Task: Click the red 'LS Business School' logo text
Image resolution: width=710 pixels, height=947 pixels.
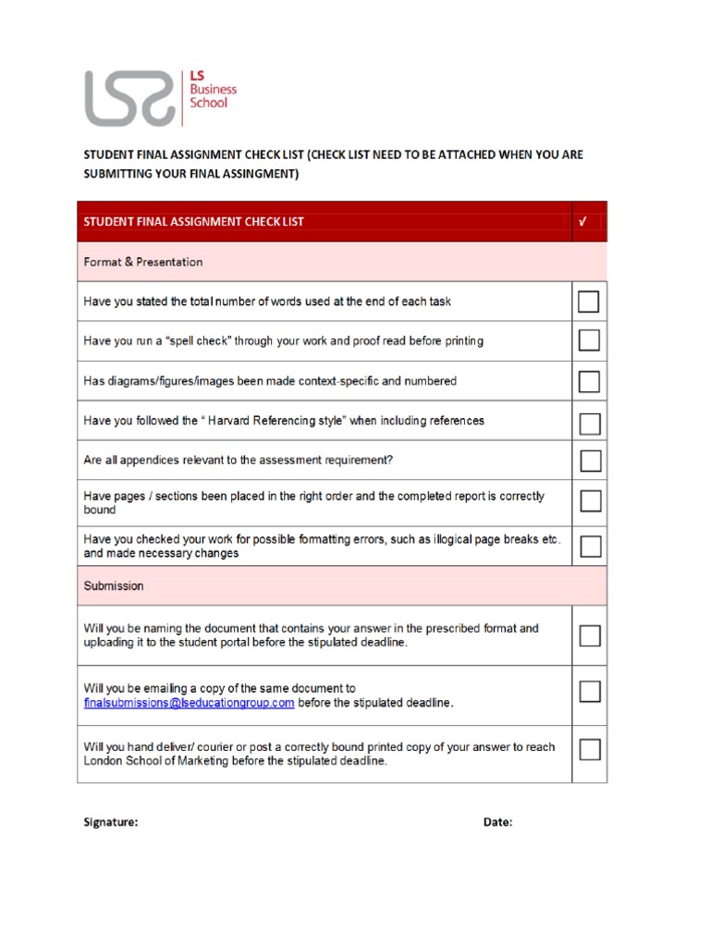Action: [213, 90]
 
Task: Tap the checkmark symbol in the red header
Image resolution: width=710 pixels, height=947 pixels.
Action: [583, 222]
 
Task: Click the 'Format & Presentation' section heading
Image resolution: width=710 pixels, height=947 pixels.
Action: [143, 262]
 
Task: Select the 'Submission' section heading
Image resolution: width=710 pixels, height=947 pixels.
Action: [114, 586]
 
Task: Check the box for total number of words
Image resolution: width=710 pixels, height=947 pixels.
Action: [589, 301]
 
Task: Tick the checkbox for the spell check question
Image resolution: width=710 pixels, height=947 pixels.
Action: [589, 341]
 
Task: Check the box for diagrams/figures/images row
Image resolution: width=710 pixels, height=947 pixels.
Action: [589, 381]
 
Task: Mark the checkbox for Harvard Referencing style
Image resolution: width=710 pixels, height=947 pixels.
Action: [589, 423]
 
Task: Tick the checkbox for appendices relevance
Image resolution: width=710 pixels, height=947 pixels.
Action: [589, 461]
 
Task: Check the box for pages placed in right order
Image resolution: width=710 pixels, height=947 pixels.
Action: [589, 501]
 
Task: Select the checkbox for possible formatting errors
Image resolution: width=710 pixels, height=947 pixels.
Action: [589, 546]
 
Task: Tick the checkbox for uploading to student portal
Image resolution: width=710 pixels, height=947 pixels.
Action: [589, 635]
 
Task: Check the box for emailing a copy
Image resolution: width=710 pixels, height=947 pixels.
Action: [589, 692]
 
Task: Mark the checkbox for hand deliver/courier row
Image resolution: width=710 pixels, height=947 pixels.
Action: [589, 748]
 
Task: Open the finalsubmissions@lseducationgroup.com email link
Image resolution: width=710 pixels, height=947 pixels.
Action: [190, 703]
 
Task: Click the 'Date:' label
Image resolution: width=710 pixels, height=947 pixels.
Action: [497, 822]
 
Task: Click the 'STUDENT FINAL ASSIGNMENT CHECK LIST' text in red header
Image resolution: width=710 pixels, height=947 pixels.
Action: [194, 222]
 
